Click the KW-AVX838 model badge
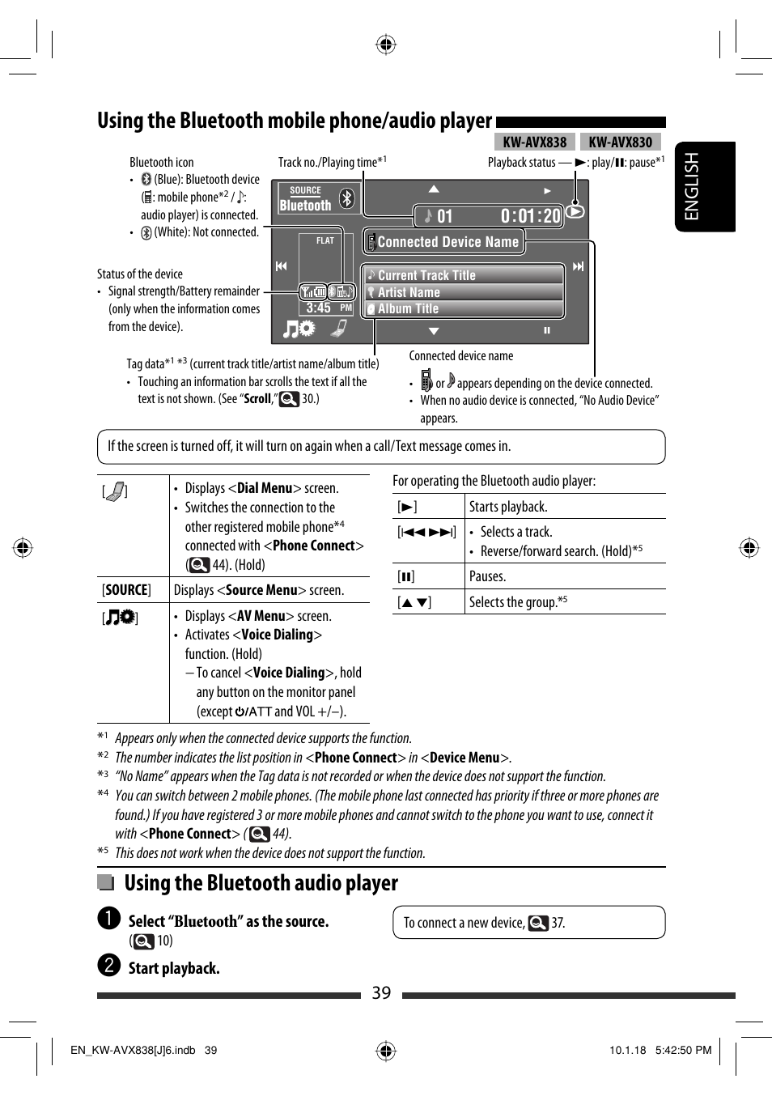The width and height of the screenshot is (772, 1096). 535,142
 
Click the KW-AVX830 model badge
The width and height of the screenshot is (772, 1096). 621,142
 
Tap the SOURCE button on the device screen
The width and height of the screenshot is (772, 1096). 305,198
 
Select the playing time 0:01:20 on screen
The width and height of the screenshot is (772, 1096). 530,216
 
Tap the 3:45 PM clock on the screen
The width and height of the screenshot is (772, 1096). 328,308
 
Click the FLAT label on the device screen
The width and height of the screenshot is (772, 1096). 325,240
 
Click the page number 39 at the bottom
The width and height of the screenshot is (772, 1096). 381,993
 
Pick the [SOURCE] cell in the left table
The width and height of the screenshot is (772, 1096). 126,590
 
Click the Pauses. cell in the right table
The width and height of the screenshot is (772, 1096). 487,576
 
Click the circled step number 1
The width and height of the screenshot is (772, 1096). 109,918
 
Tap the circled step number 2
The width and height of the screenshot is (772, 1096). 109,965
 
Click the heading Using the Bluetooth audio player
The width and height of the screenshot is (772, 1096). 261,883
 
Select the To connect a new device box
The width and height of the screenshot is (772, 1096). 528,923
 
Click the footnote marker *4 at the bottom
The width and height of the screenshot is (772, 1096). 103,793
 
